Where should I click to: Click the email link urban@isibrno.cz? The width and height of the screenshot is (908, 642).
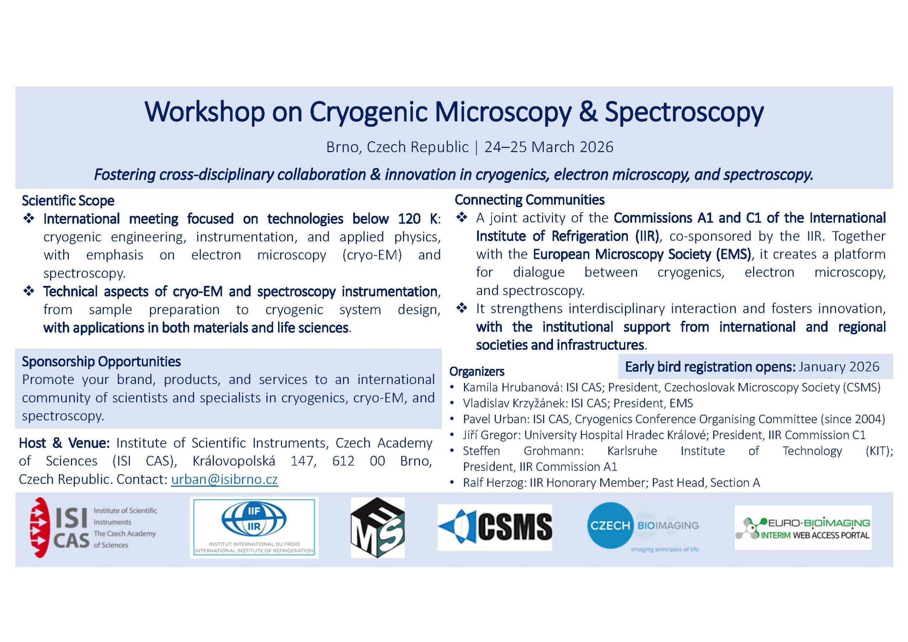(x=224, y=480)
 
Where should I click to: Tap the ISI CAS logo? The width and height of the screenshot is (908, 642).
(x=93, y=528)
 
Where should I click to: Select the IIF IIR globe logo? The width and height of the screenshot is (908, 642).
(x=254, y=528)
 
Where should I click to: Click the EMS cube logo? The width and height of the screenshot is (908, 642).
(x=378, y=528)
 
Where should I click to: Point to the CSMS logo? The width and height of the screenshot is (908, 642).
(x=495, y=527)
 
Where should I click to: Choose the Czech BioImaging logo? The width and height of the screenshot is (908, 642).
(x=643, y=527)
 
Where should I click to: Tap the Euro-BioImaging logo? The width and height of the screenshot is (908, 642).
(x=803, y=528)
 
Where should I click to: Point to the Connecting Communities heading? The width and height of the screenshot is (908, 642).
(x=530, y=200)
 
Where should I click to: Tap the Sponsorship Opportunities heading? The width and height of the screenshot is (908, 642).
(x=101, y=361)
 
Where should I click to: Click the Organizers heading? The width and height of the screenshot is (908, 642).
(x=477, y=371)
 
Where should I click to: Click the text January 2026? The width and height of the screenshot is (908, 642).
(x=839, y=367)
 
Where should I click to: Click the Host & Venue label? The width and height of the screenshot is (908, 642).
(x=65, y=443)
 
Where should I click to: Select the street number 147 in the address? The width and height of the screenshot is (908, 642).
(x=303, y=461)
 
